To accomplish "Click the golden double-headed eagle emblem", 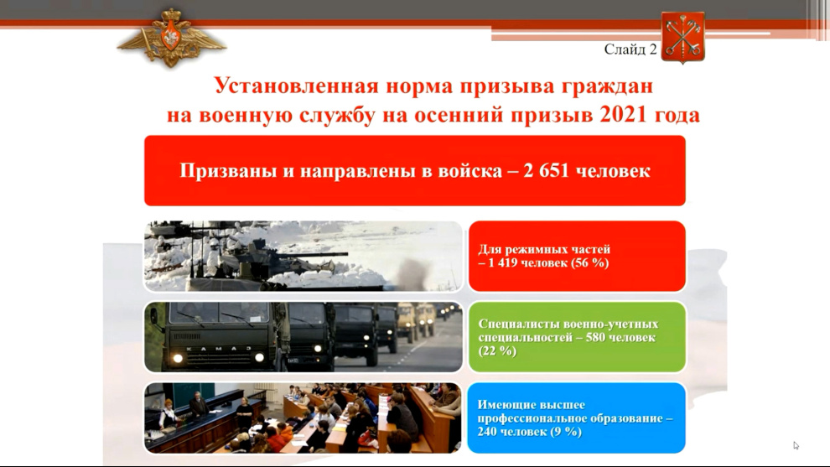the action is pos(172,38).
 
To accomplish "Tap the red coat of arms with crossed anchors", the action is pos(682,37).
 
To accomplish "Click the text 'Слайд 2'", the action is pos(630,49).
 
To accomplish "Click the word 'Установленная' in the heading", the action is pos(296,86).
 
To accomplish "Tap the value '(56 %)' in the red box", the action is pos(590,262).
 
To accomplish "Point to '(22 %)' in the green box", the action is pos(497,351).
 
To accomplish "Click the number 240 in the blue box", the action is pos(487,432).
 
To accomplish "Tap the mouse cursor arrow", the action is pos(796,446).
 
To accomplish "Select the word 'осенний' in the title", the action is pos(458,115).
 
